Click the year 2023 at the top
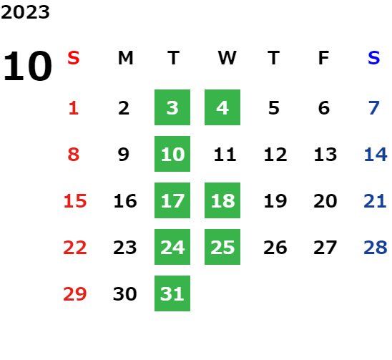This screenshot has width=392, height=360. pos(25,12)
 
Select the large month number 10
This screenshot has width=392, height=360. pos(27,66)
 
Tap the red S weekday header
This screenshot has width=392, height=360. pos(74,58)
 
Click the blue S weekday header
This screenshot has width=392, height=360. pos(373,58)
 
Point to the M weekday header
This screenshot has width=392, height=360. pos(125,58)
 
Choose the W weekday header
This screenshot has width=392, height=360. pos(227,58)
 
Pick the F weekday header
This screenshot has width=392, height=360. pos(324,58)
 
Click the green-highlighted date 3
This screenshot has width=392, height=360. pos(172,107)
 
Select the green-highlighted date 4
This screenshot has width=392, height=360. pos(222,107)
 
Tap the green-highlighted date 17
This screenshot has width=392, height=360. pos(172,200)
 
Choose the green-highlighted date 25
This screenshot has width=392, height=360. pos(222,247)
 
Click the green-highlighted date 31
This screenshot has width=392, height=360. pos(172,293)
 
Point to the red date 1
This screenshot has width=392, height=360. pos(74,108)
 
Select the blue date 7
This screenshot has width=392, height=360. pos(374,108)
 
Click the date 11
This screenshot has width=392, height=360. pos(225,155)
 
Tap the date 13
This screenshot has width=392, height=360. pos(325,155)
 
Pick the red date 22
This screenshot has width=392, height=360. pos(75,248)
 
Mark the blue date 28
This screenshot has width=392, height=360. pos(376,248)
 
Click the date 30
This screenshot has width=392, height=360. pos(125,294)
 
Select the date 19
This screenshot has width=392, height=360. pos(275,201)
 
